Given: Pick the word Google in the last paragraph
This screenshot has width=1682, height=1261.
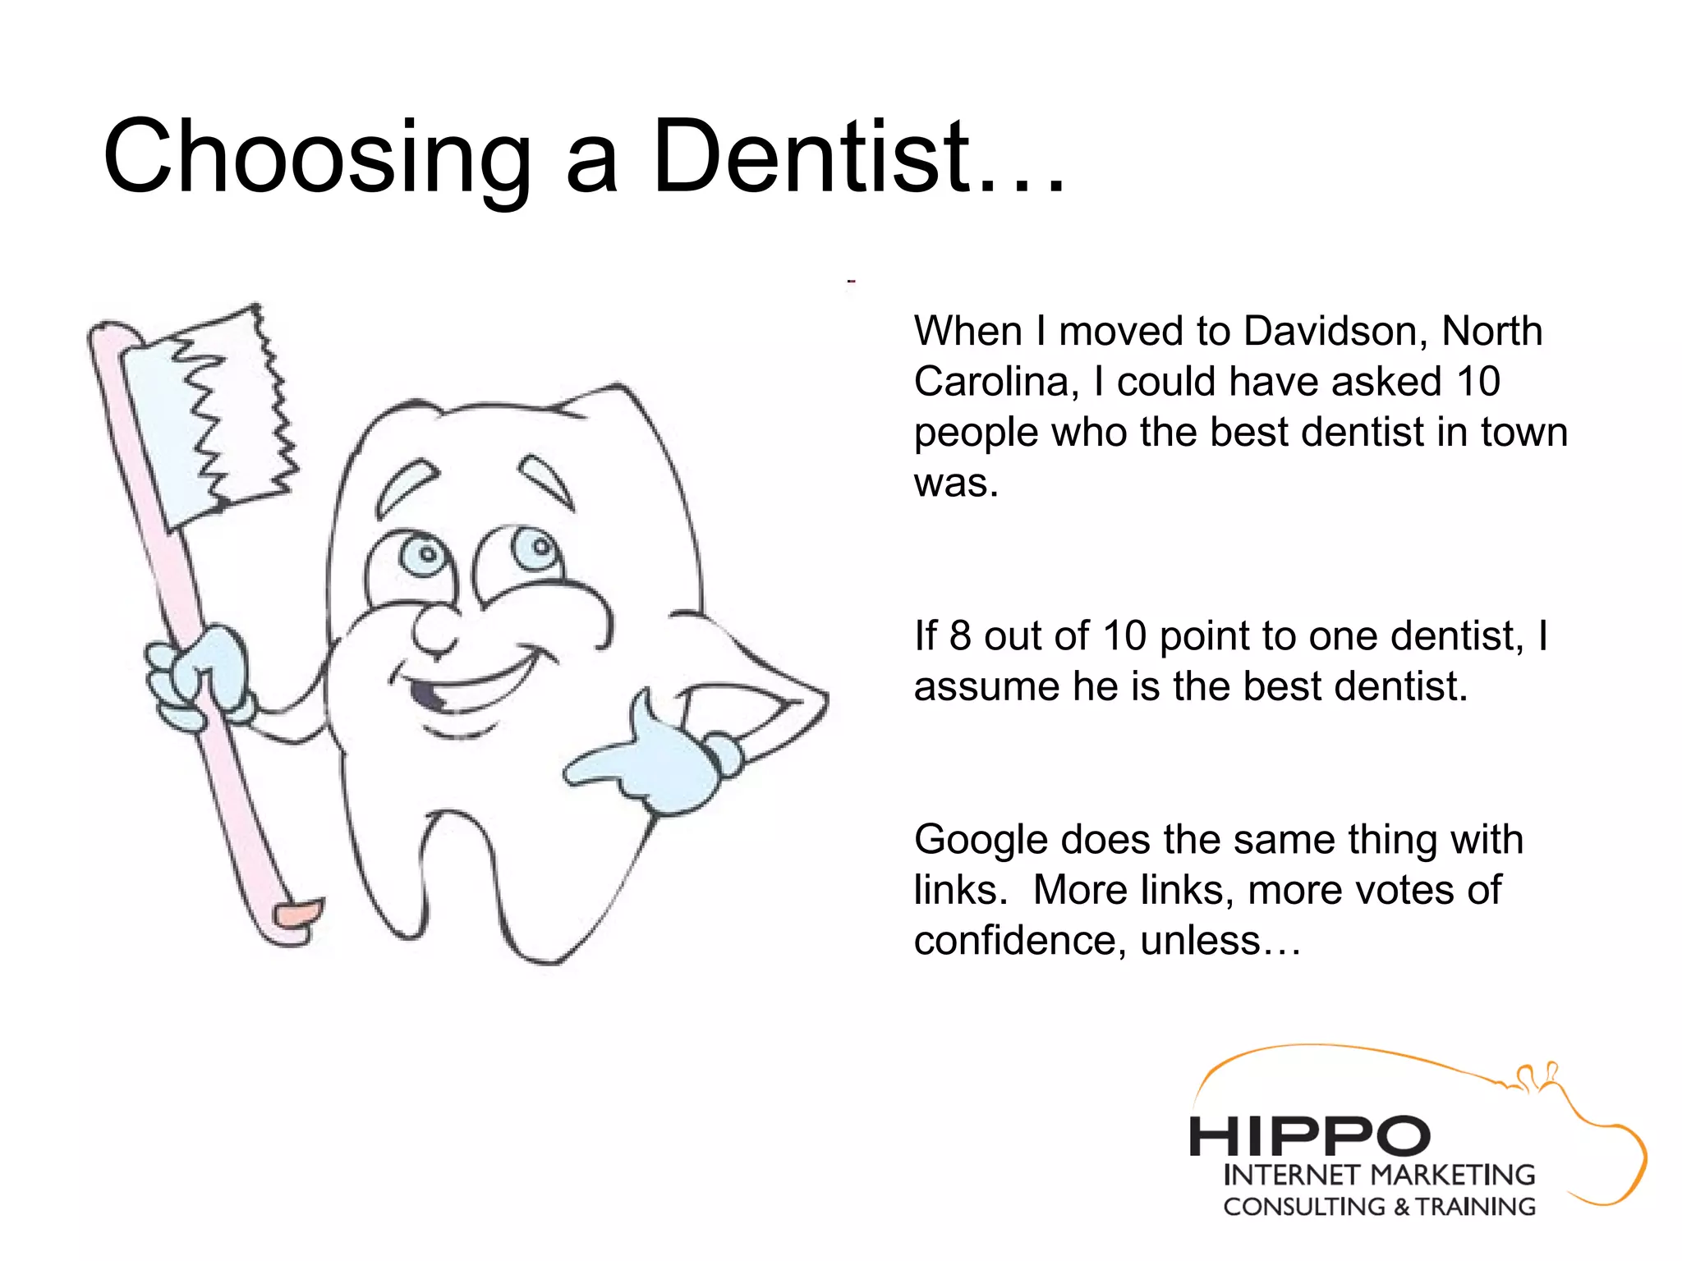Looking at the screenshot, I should pos(981,840).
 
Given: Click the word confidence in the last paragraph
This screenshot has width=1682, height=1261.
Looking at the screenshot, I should pos(1018,941).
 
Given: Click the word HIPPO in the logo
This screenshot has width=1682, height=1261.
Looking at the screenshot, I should pos(1309,1137).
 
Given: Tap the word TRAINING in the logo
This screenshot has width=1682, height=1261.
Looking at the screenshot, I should pos(1474,1207).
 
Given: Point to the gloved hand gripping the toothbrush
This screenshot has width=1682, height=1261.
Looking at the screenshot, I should pos(197,669).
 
